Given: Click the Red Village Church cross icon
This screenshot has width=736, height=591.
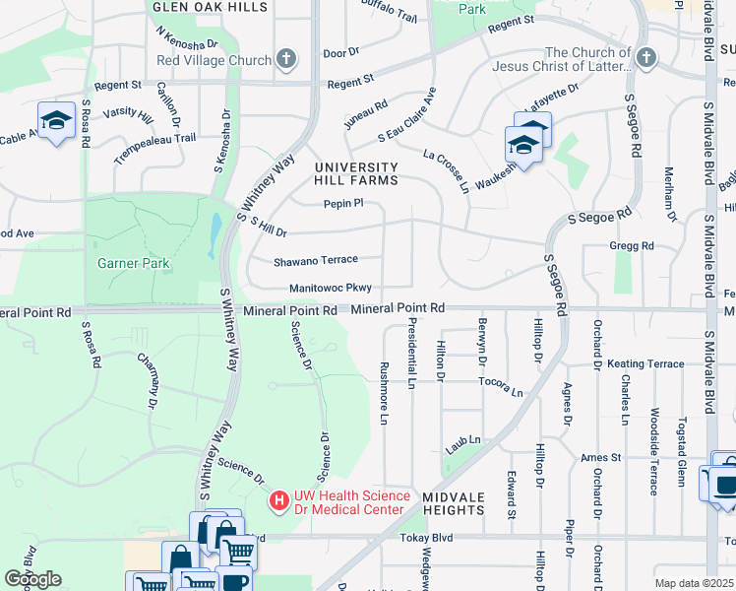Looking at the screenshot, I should tap(286, 60).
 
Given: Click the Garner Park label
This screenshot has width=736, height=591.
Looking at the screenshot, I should tap(134, 263).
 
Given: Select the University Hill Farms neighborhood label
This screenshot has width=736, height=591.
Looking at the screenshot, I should tap(356, 173).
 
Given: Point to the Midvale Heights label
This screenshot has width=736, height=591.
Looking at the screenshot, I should tap(454, 503).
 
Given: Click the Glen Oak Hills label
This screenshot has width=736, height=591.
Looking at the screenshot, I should tap(210, 6).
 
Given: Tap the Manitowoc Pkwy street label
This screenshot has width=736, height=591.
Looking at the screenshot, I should tap(331, 289).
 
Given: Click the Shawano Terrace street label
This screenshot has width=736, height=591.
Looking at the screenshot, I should tap(315, 260).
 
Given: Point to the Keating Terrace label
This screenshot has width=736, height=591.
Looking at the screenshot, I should tap(645, 363).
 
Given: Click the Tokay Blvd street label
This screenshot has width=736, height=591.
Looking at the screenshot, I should tap(425, 538).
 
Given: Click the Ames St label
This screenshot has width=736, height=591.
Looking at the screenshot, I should tap(601, 457).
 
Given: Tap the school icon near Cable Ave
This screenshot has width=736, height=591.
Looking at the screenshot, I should tap(57, 120).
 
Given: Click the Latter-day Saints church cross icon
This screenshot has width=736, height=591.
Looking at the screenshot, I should tap(645, 59).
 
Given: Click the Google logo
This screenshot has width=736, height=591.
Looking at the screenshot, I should tap(32, 579).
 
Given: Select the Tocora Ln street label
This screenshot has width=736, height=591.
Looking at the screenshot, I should tap(501, 385).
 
